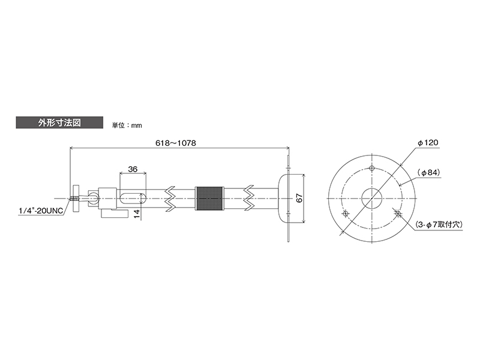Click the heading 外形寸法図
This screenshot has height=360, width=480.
(59, 123)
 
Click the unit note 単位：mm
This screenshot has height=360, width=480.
(127, 125)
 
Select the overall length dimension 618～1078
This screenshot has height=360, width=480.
(175, 143)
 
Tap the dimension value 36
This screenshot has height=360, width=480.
(133, 169)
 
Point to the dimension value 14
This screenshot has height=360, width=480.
(137, 214)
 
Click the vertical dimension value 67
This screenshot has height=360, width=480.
(299, 198)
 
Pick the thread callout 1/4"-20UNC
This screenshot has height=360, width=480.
(41, 211)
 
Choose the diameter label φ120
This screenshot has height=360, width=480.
(428, 143)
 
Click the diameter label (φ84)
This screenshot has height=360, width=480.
(428, 173)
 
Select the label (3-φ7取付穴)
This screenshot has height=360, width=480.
(439, 224)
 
